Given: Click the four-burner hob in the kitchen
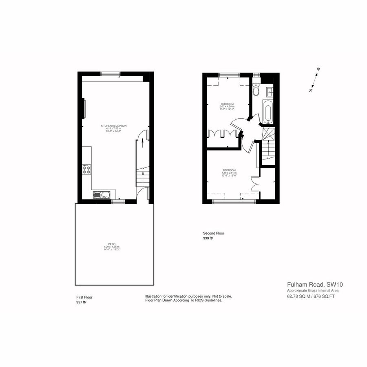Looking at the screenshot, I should pyautogui.click(x=86, y=169).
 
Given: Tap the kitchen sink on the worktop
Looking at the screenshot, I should pyautogui.click(x=100, y=195).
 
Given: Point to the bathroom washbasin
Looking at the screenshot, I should pyautogui.click(x=270, y=91).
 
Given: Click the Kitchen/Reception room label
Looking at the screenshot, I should pyautogui.click(x=114, y=125).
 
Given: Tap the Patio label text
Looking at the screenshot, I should pyautogui.click(x=112, y=244).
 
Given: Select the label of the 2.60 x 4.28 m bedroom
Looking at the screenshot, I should pyautogui.click(x=227, y=104).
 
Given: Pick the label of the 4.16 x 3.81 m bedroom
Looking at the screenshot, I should pyautogui.click(x=229, y=170).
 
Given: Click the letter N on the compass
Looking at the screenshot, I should pyautogui.click(x=318, y=69).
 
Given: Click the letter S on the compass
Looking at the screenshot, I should pyautogui.click(x=310, y=91).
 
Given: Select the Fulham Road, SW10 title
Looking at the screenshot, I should pyautogui.click(x=312, y=284).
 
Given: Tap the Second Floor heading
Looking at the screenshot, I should pyautogui.click(x=213, y=233).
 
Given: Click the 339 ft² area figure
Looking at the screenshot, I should pyautogui.click(x=208, y=238).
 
